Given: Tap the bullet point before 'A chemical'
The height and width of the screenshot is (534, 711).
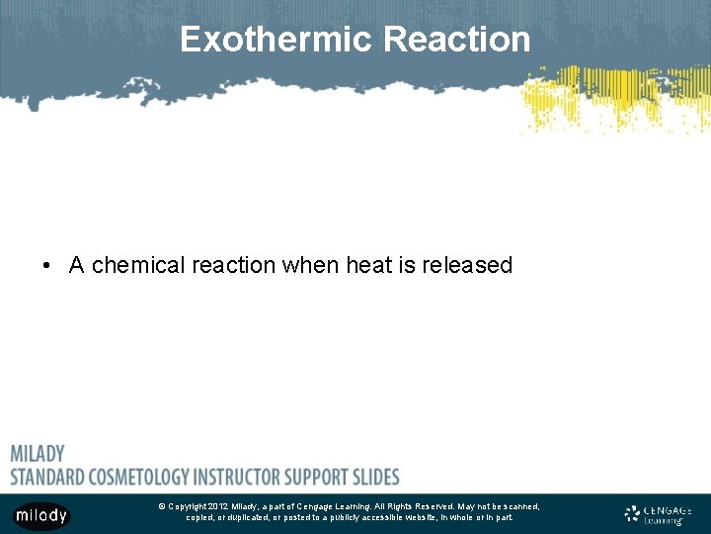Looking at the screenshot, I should coord(46,266).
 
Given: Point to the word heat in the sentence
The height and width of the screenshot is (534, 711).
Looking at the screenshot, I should coord(367,265).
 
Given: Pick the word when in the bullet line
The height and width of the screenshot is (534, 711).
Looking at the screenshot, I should coord(311,265).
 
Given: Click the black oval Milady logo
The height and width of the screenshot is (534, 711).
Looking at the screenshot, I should coord(40,516).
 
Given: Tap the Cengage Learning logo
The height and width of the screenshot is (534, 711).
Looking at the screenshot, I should coord(658,514).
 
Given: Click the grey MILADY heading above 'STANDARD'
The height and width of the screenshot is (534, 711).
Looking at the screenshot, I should coord(38,454).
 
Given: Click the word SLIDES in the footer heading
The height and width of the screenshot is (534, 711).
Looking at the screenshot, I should coord(374,477).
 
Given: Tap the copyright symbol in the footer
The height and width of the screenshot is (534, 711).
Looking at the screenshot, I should coord(161,506).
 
